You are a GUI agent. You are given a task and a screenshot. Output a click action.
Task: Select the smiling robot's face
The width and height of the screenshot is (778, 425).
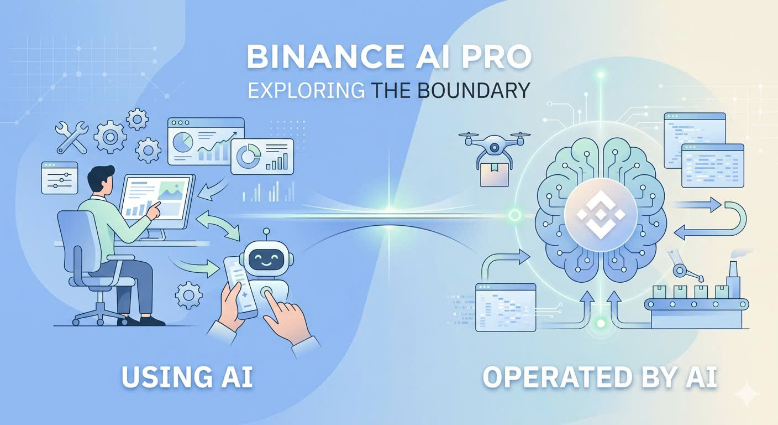coord(264,257)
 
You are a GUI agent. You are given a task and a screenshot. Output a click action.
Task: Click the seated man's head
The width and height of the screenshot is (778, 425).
coord(101,180)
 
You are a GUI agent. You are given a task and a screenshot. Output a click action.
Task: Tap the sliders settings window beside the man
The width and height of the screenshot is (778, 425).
coord(60,177)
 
